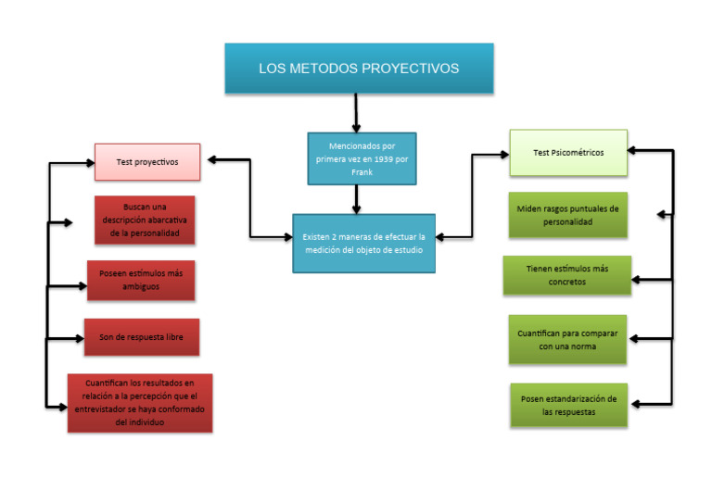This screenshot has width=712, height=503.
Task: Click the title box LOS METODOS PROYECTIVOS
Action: (x=359, y=69)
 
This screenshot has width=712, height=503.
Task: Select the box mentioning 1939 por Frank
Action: (x=362, y=158)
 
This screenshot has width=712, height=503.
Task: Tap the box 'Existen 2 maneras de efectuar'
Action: (x=363, y=244)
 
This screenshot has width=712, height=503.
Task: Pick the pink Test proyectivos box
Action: (x=147, y=162)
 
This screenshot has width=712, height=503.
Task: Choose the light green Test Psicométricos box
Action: (x=568, y=153)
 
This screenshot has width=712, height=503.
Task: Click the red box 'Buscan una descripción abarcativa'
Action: (x=145, y=220)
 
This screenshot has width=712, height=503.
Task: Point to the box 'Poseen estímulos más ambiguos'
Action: (x=141, y=281)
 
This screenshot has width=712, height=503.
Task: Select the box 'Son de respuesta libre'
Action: (x=142, y=337)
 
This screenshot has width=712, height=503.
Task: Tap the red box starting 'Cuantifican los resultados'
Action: (x=140, y=403)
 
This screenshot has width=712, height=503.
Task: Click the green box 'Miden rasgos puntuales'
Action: (x=568, y=215)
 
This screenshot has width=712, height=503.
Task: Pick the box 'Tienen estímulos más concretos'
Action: (x=567, y=275)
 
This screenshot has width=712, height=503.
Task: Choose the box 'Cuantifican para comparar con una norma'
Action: (x=567, y=340)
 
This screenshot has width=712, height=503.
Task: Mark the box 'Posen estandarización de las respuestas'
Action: (x=569, y=406)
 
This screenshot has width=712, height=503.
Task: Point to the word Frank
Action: (x=362, y=172)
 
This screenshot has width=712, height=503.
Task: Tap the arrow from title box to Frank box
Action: (x=356, y=113)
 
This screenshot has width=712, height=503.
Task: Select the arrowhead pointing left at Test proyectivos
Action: (x=212, y=159)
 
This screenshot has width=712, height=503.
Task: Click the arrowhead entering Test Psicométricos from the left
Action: (x=504, y=155)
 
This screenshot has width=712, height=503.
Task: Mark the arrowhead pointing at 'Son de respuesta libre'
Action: (x=80, y=338)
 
